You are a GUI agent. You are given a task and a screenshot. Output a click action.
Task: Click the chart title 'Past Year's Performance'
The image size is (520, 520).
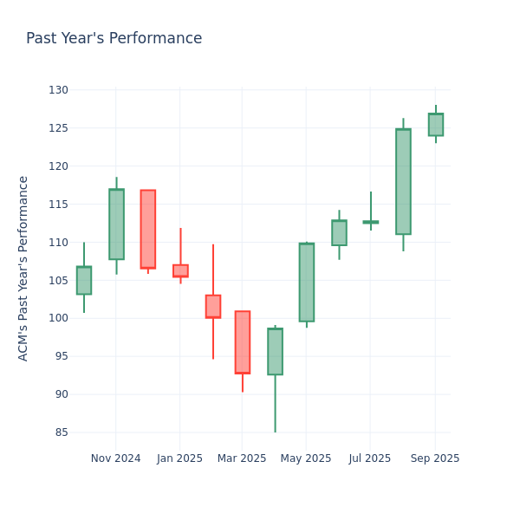click(114, 39)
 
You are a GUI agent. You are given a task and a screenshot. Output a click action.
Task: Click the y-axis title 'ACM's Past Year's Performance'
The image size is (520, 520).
click(23, 268)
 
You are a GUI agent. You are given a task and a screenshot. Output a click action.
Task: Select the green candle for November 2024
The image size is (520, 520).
click(116, 224)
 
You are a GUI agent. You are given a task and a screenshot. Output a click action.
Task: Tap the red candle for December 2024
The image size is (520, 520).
click(148, 229)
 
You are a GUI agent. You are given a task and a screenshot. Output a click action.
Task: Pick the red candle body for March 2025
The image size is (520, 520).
click(243, 341)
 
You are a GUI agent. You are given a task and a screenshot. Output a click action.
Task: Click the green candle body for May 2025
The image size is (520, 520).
click(307, 282)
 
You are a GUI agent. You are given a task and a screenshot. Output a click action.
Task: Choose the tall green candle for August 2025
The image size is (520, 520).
click(403, 181)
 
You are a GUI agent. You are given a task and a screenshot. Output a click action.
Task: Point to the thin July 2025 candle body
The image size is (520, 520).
click(371, 222)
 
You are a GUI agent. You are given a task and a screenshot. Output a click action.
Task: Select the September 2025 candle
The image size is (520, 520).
click(435, 124)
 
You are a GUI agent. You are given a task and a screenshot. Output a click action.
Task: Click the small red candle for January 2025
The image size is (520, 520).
click(180, 270)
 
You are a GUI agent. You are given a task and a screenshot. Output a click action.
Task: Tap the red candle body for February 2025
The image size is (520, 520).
click(213, 306)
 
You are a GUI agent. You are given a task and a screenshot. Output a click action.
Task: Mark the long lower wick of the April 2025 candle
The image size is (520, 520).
click(275, 404)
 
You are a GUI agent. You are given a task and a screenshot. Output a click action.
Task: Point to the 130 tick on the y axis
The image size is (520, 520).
click(58, 90)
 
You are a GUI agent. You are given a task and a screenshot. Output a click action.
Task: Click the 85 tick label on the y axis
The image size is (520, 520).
click(61, 432)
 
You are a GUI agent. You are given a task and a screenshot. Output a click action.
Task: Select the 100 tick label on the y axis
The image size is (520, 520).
click(58, 318)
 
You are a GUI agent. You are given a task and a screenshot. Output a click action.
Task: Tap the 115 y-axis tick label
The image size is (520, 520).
click(58, 205)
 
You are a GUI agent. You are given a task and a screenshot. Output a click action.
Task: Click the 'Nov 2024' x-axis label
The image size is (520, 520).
click(115, 458)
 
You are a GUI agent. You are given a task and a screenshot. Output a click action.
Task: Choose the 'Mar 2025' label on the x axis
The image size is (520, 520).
click(242, 458)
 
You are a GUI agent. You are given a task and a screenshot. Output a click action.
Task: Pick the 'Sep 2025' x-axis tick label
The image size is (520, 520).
click(435, 458)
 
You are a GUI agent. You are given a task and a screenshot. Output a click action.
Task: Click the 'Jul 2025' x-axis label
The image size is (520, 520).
click(370, 458)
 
